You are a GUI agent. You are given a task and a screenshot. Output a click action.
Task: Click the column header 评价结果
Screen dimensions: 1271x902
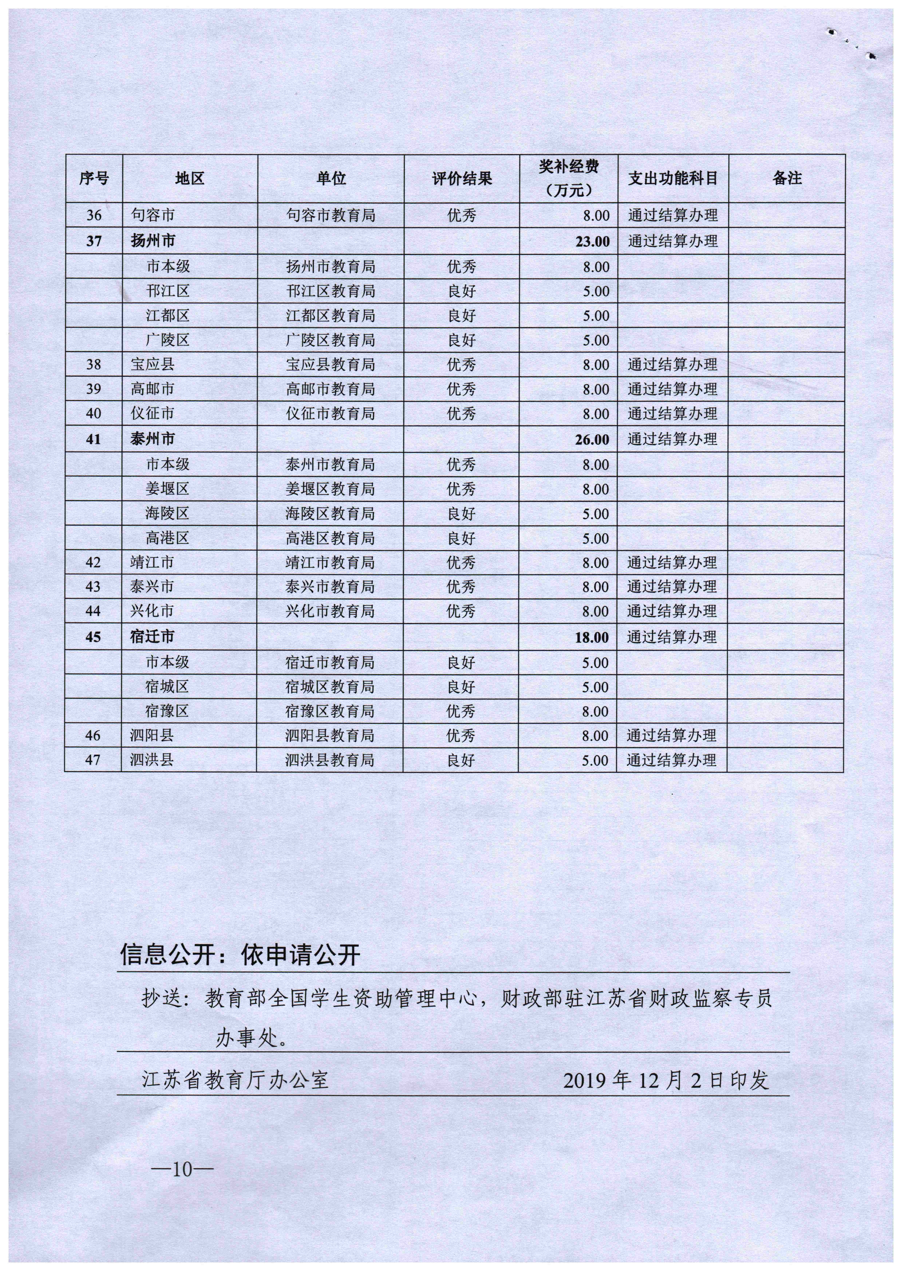[461, 178]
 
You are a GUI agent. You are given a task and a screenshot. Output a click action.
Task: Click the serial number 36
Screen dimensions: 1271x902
[94, 215]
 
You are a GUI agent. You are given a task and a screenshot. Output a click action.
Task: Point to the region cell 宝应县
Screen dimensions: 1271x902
[153, 365]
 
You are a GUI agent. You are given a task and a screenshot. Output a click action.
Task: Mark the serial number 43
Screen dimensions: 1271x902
[93, 587]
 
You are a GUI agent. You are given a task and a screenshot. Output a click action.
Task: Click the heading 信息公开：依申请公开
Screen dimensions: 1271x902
[240, 955]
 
